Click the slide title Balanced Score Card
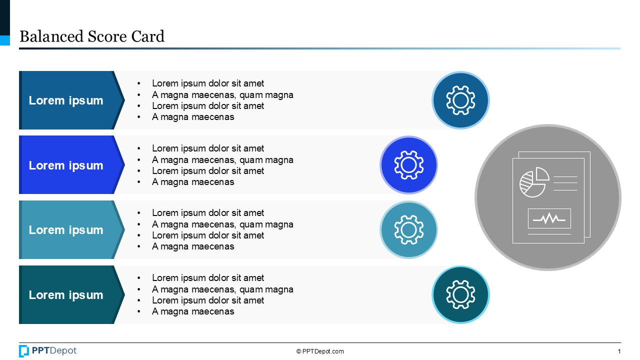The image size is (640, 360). click(92, 36)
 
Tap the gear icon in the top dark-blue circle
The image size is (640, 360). click(460, 100)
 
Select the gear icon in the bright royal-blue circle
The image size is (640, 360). click(408, 165)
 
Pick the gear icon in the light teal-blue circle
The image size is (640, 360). click(408, 230)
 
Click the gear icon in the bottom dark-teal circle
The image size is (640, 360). click(460, 295)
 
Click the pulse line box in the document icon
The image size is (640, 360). click(549, 218)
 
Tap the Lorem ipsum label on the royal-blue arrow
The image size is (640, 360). click(66, 165)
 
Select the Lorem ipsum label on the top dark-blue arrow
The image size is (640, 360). click(66, 100)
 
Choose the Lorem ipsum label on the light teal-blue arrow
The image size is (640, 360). click(66, 230)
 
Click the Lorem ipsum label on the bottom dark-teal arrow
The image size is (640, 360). click(66, 295)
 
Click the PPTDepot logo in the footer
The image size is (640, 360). click(48, 351)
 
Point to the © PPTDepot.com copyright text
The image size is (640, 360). click(320, 351)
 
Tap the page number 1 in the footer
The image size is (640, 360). click(619, 351)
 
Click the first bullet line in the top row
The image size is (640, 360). click(208, 83)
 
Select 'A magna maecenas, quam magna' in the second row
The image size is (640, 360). click(222, 160)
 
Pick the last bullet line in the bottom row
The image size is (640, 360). click(193, 311)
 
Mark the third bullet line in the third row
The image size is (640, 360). click(208, 235)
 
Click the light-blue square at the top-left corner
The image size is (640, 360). click(4, 40)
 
